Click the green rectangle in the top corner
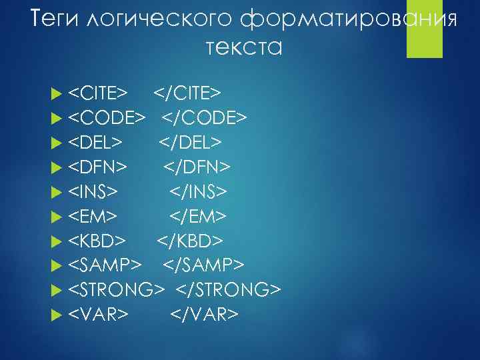coord(425,29)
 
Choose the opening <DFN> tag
coord(101,167)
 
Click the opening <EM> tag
coord(94,217)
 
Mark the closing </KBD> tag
coord(191,241)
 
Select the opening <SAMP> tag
coord(106,265)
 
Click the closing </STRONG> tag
coord(229,290)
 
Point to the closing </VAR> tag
coord(204,314)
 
